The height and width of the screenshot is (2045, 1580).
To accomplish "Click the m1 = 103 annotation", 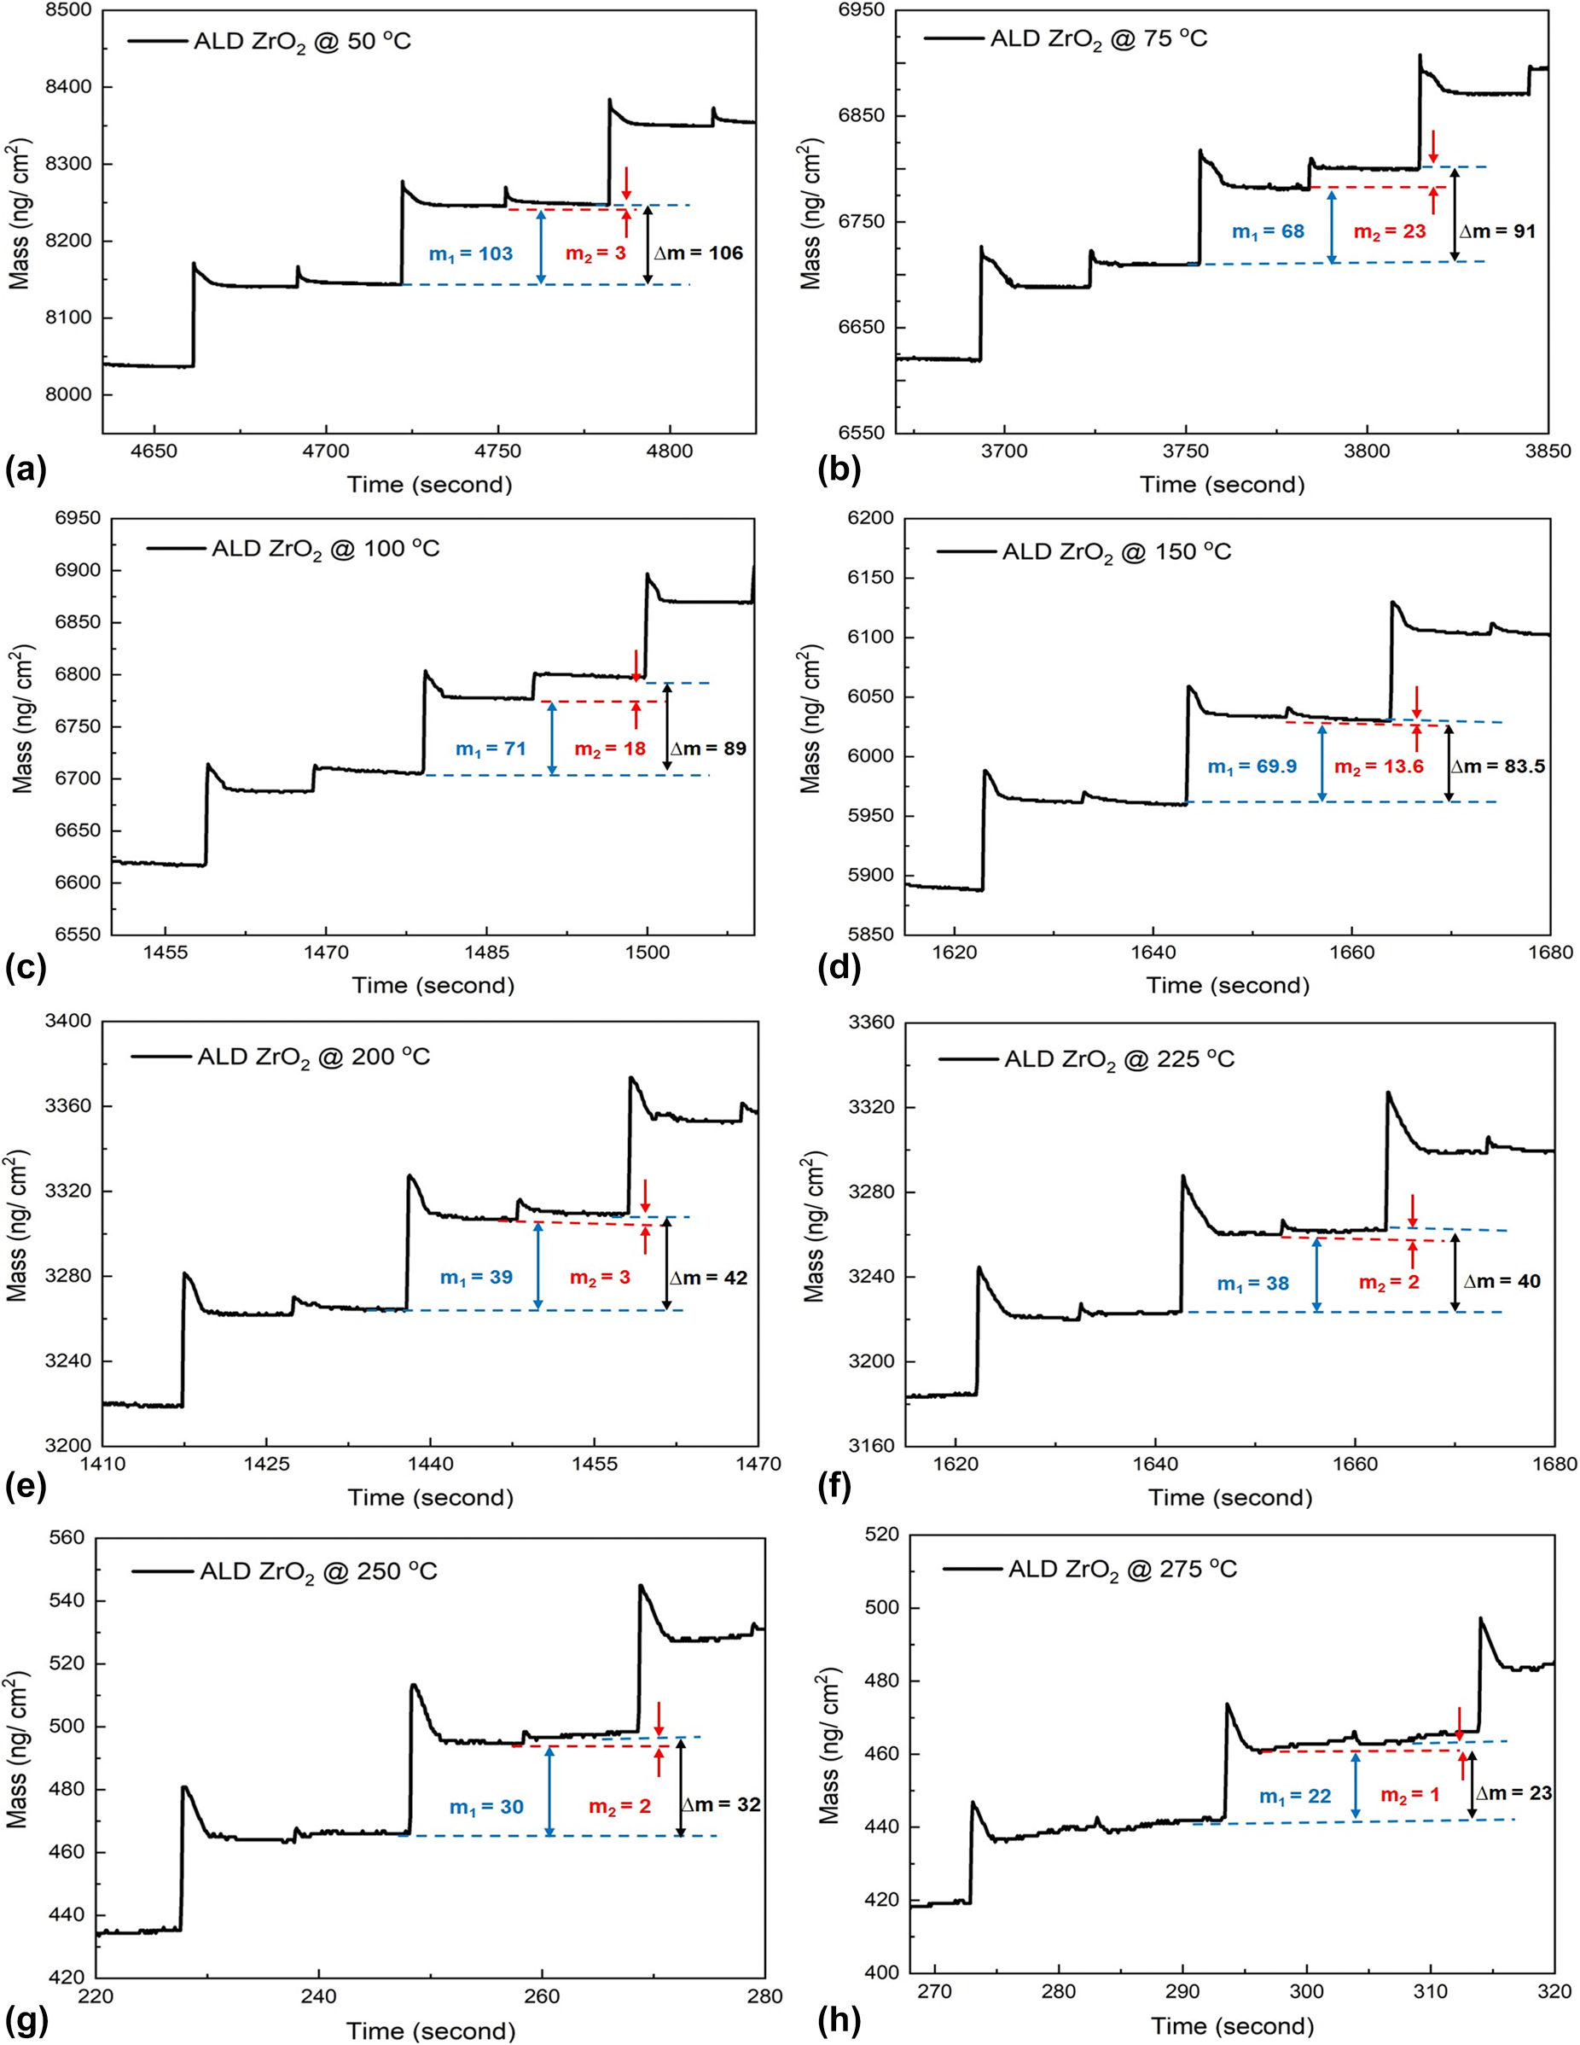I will (470, 253).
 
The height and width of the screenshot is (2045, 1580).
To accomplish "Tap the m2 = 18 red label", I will (609, 749).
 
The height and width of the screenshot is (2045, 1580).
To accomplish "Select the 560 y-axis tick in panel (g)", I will (68, 1537).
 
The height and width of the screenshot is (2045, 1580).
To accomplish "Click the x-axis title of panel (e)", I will (431, 1497).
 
